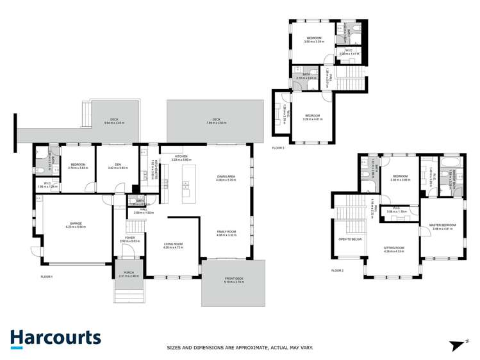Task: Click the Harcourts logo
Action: [55, 338]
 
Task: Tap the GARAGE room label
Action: [76, 224]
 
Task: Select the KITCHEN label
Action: [181, 156]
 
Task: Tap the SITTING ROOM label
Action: [393, 247]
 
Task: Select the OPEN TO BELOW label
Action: [350, 239]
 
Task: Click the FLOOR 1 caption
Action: [46, 276]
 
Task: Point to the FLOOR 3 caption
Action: [277, 148]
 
